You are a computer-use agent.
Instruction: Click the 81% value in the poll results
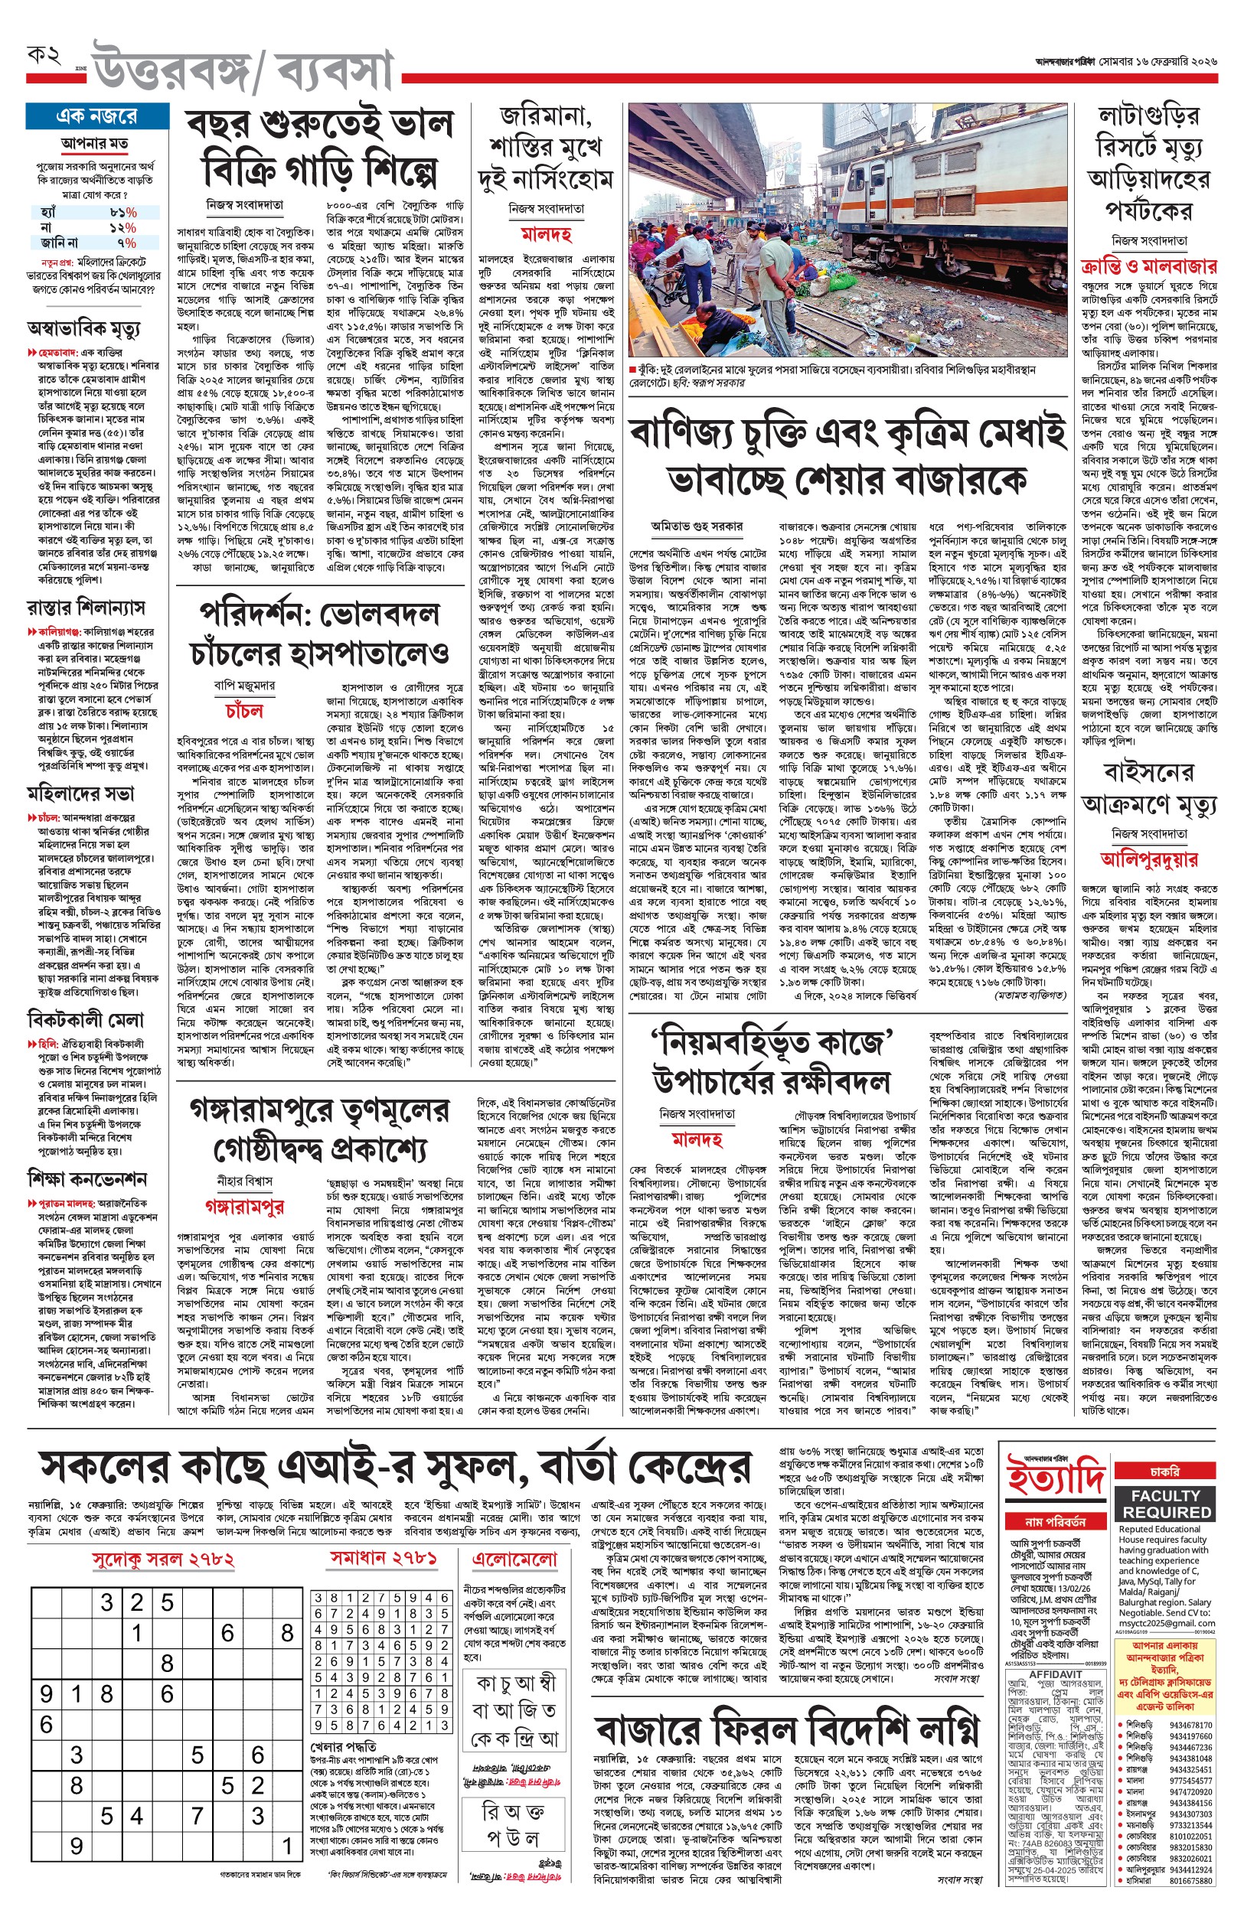pos(122,212)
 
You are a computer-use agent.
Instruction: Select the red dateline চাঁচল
pos(244,710)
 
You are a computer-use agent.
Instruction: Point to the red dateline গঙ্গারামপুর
pos(245,1206)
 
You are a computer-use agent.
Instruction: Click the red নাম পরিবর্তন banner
pos(1055,1522)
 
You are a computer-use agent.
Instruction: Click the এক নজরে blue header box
pos(97,116)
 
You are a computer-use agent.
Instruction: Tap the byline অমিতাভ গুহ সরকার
pos(697,526)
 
